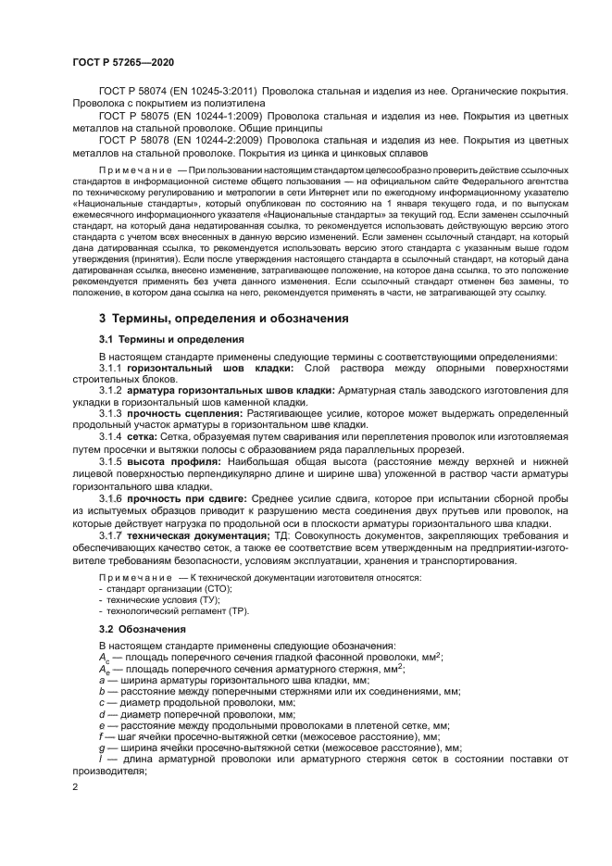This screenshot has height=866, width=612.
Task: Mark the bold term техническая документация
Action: click(198, 537)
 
